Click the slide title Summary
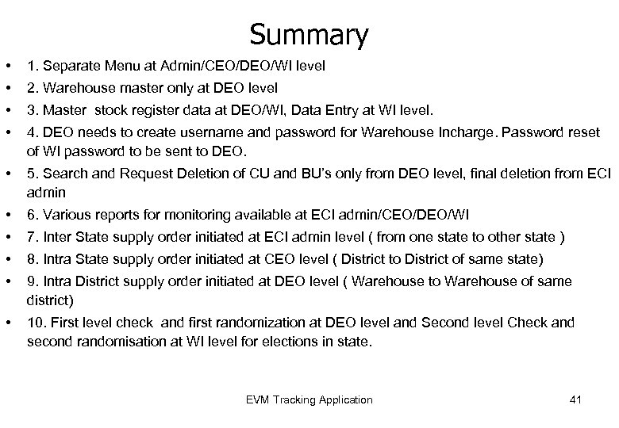coord(309,35)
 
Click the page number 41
coord(575,399)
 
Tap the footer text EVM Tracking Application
coord(309,399)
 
